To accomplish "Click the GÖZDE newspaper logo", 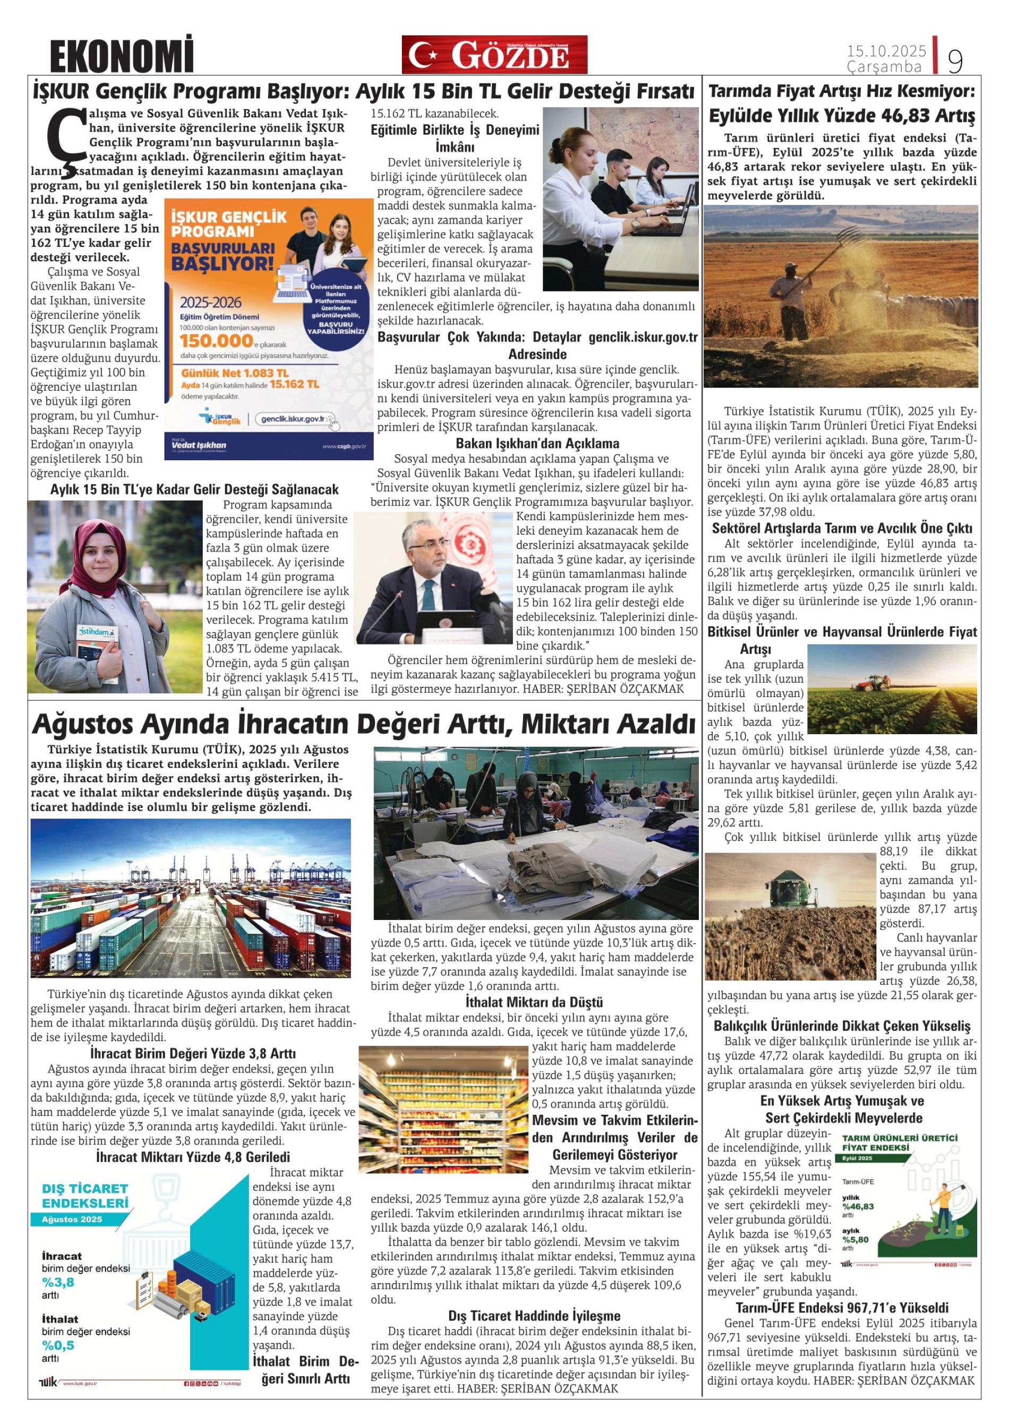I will (494, 55).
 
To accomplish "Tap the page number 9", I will (954, 61).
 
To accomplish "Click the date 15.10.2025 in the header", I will (886, 50).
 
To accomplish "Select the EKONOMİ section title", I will (122, 56).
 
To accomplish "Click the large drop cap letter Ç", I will (66, 135).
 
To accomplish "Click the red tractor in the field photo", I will (871, 684).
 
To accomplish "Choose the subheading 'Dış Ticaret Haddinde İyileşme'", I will (534, 1316).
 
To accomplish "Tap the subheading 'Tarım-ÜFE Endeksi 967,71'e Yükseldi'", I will (842, 1307).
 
